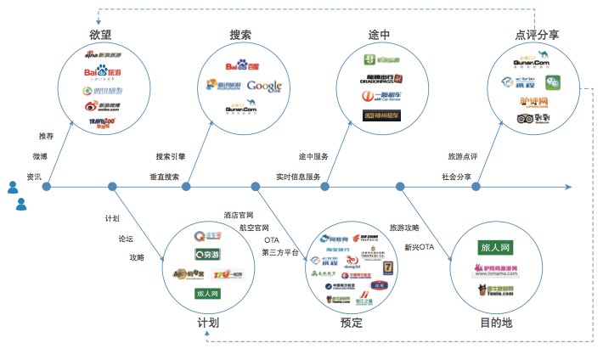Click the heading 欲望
pos(101,35)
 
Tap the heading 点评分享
pos(537,35)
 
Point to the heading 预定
pos(351,323)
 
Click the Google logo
pos(264,86)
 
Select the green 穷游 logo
pos(207,254)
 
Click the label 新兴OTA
pos(419,247)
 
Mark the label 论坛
pos(126,239)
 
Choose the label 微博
pos(40,157)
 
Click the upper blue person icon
pos(13,187)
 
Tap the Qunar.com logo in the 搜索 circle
pos(241,108)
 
